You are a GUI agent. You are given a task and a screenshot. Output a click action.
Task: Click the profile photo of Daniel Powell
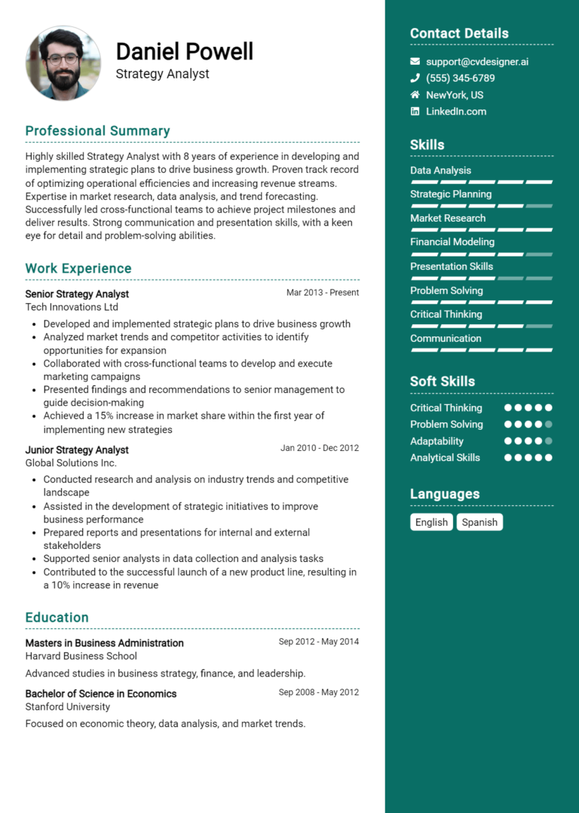point(63,63)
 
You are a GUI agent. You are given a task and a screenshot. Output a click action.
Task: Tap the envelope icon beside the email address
point(415,62)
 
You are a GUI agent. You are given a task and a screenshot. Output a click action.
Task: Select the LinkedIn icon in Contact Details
point(415,112)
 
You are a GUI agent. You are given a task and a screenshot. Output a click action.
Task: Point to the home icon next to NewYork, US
point(415,95)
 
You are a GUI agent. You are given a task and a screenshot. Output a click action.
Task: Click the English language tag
point(431,522)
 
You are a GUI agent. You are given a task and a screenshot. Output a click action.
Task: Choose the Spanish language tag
point(479,522)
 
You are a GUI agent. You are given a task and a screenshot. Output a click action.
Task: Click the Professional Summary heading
point(97,131)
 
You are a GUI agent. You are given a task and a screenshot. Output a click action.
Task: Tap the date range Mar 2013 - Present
point(323,293)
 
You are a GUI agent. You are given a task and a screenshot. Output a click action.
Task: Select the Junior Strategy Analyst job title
point(77,450)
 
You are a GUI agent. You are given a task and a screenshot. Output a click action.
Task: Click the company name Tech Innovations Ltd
point(72,308)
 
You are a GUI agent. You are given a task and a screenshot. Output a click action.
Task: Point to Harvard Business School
point(81,656)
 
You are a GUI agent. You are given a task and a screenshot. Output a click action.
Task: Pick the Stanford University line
point(67,707)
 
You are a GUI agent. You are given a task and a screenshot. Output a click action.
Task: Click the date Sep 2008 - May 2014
point(318,692)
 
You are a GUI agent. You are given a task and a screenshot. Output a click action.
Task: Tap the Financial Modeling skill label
point(452,242)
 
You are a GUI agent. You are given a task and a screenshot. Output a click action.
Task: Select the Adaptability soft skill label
point(437,441)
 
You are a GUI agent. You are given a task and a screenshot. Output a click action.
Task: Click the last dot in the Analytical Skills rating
point(548,458)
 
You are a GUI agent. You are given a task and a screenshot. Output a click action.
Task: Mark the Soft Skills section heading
point(443,382)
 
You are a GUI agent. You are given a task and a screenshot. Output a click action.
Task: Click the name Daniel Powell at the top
point(185,51)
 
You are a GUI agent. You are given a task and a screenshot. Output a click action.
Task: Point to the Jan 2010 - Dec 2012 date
point(320,448)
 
